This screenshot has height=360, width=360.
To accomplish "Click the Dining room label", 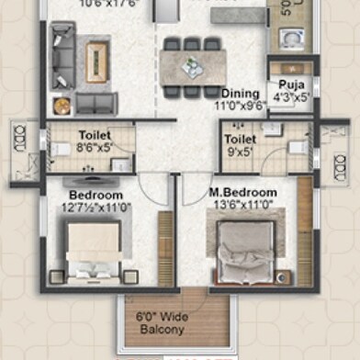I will coord(240,93).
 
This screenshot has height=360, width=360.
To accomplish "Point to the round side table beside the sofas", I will coord(62,106).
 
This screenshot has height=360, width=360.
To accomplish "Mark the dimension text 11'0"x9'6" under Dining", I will coord(241,106).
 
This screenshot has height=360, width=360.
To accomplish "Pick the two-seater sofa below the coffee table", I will coord(96,103).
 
